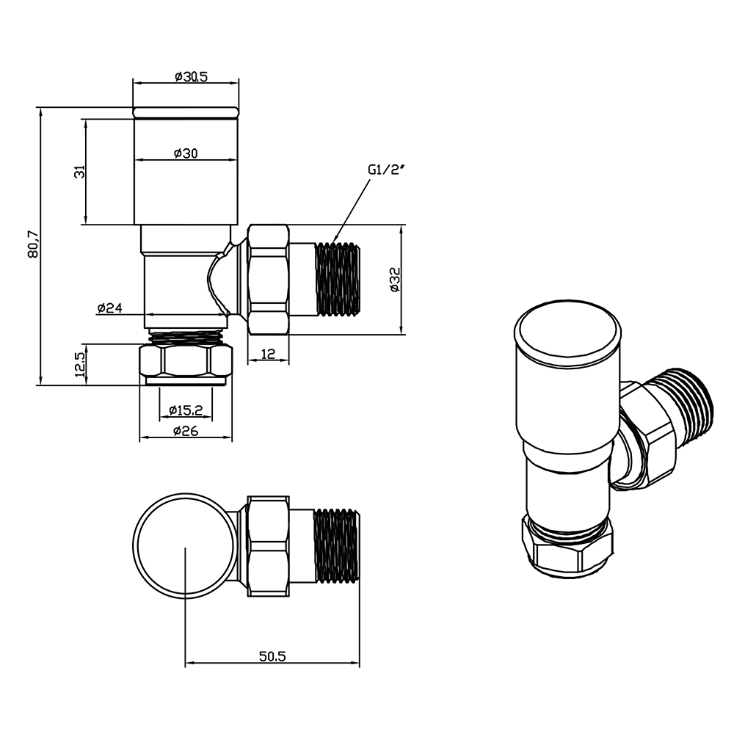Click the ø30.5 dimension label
(187, 76)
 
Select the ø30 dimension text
(186, 153)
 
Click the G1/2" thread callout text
(386, 170)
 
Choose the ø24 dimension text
(109, 308)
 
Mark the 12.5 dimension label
(81, 363)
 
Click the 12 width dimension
(267, 355)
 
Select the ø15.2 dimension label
(186, 410)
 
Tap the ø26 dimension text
(186, 431)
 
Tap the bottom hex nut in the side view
(186, 361)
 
